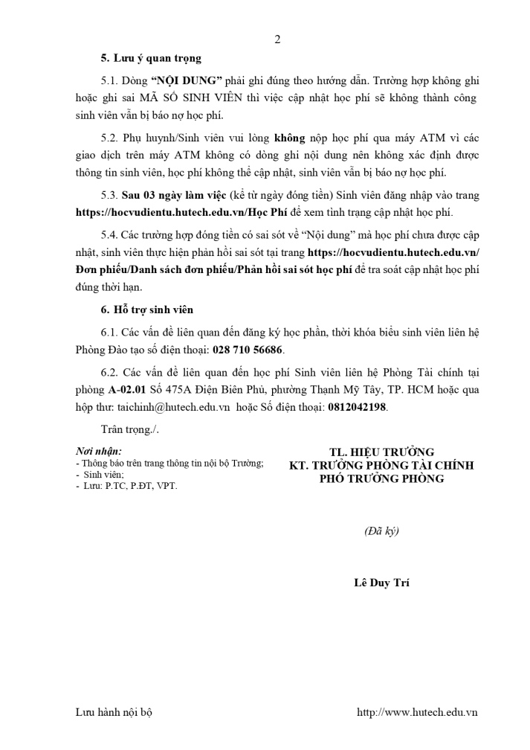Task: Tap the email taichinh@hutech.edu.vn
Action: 172,408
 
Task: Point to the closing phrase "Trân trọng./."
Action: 129,429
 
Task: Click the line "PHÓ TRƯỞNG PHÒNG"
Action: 381,478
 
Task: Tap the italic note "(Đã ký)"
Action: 381,531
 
